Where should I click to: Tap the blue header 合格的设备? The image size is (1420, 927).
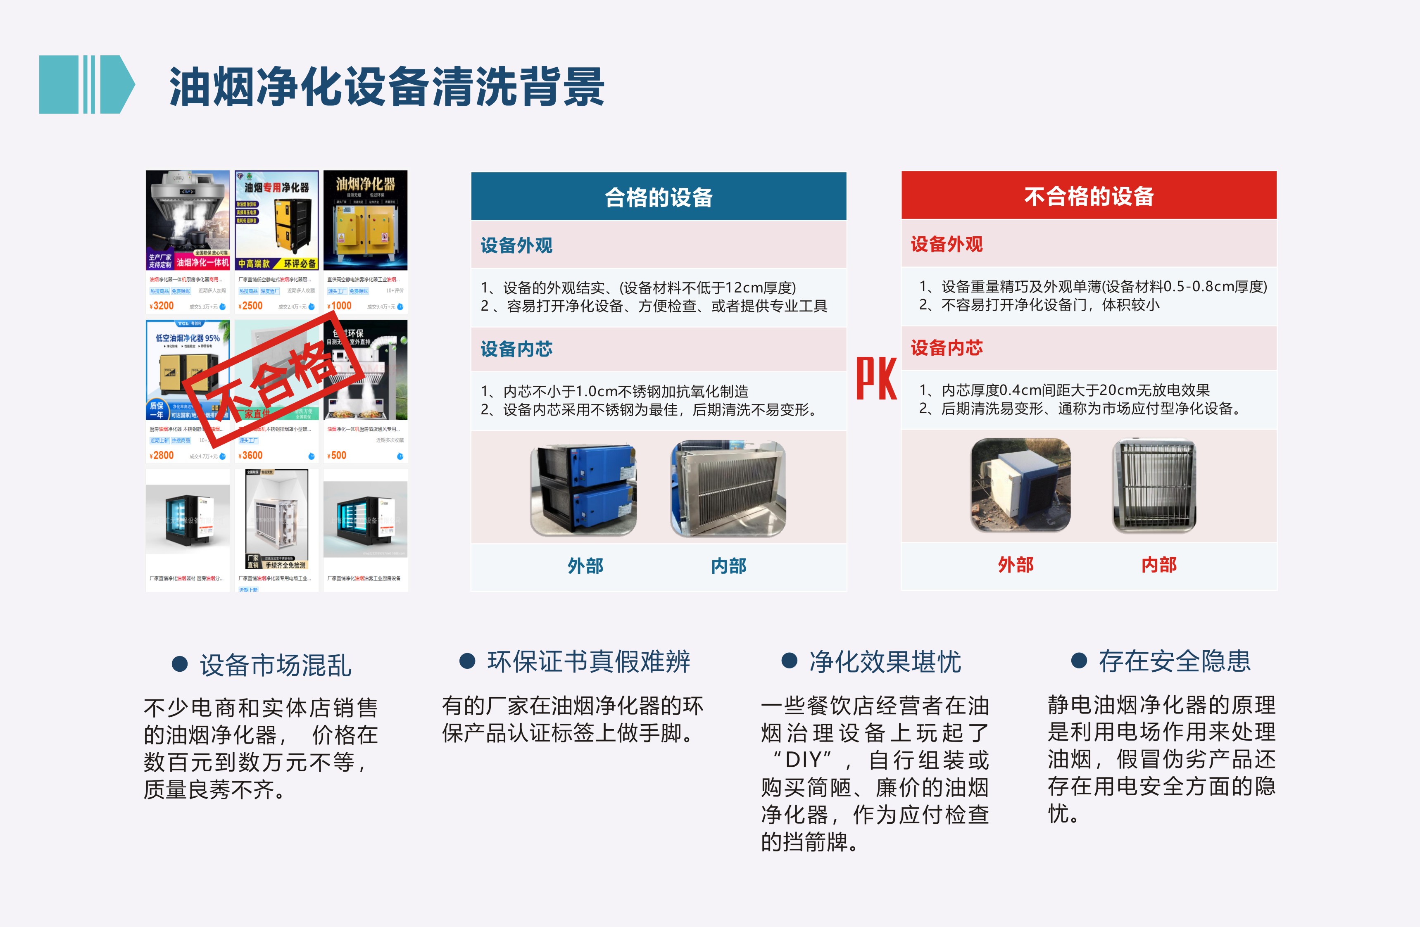tap(659, 197)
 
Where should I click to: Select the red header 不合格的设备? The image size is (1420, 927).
tap(1089, 196)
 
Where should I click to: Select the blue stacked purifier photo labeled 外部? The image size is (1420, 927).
tap(583, 487)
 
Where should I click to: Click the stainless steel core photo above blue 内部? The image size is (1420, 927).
tap(728, 488)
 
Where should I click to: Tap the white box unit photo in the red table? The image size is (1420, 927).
tap(1020, 485)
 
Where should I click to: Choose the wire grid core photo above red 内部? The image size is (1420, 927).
tap(1154, 485)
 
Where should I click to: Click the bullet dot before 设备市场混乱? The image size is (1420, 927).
tap(180, 664)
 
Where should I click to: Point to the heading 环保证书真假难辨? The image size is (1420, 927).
tap(588, 661)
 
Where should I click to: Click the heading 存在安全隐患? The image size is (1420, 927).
tap(1174, 661)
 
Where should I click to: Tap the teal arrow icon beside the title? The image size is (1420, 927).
tap(86, 85)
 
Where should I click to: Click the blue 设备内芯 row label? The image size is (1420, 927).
tap(517, 349)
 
